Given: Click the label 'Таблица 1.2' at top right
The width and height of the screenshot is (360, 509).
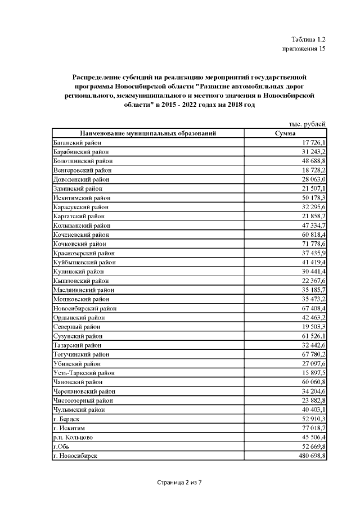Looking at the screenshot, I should pos(308,39).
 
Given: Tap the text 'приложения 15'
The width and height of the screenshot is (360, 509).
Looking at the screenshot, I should pos(304,49).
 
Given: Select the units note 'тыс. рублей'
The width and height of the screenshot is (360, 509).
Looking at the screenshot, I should pos(304,124).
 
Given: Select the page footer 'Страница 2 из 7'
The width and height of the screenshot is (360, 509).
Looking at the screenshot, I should pos(179,482).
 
